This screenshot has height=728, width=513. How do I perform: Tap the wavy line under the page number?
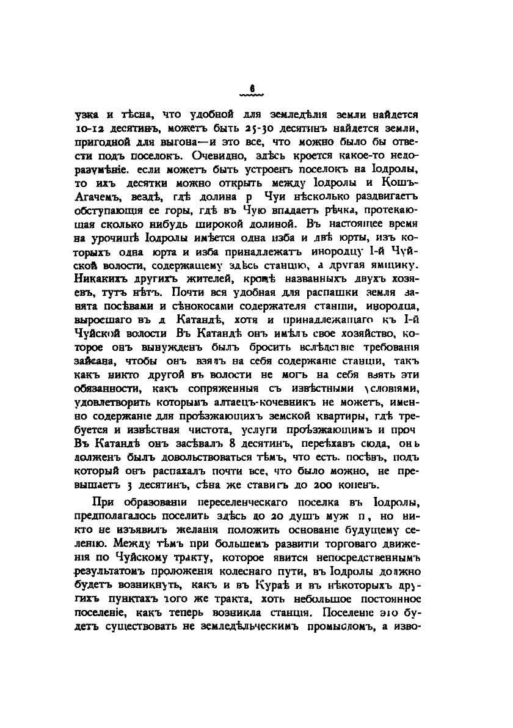pyautogui.click(x=251, y=96)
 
